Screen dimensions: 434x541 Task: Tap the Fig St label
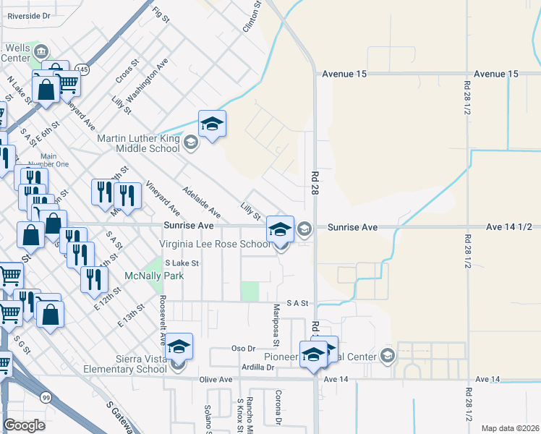click(x=161, y=14)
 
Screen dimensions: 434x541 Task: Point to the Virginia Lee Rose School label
click(x=220, y=244)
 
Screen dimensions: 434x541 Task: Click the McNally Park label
click(x=154, y=276)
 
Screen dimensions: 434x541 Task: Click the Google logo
click(x=25, y=425)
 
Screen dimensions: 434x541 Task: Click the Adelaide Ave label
click(x=202, y=202)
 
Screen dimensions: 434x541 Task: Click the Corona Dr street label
click(x=278, y=407)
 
